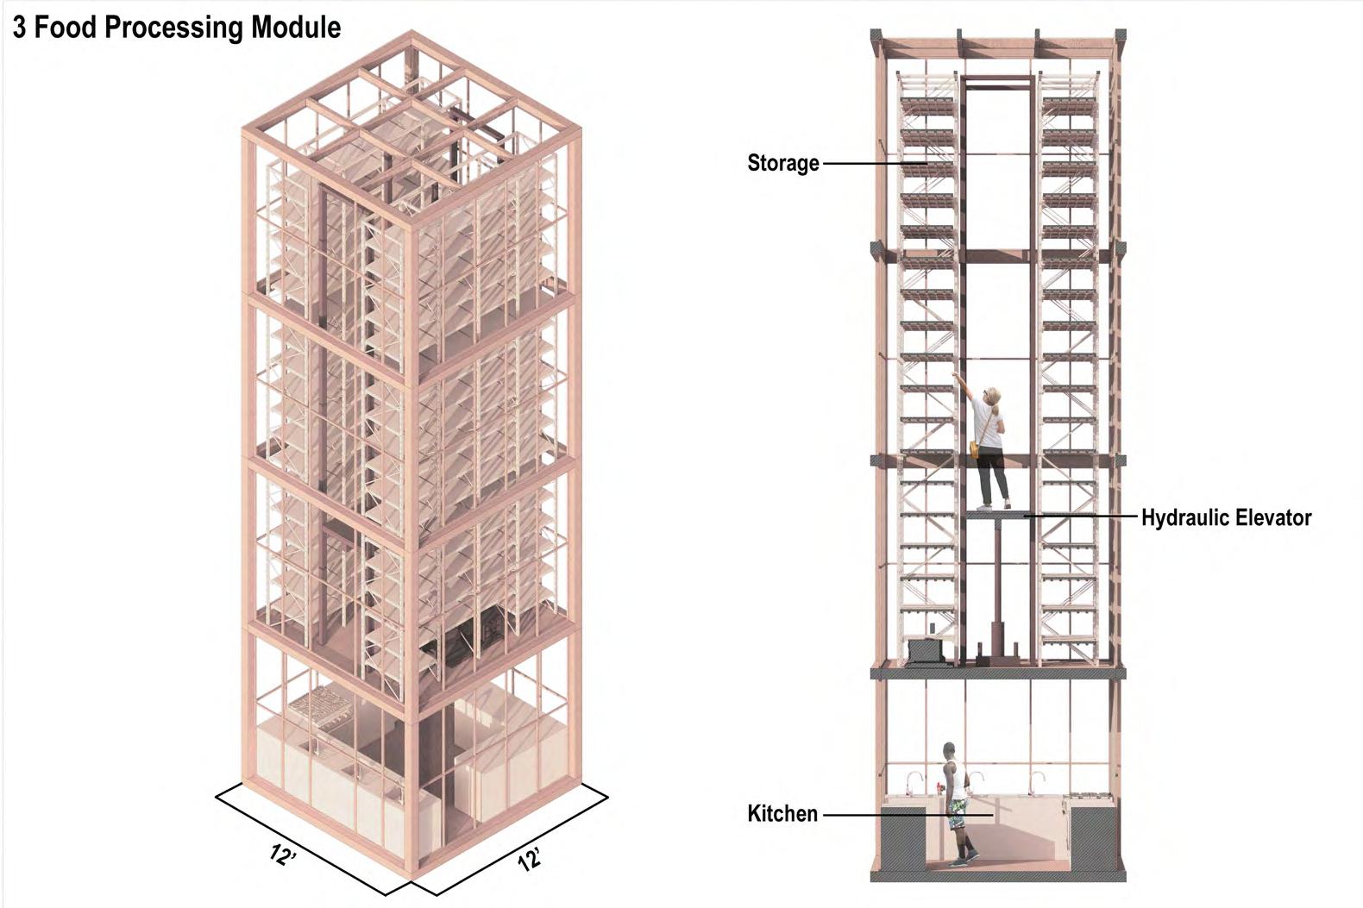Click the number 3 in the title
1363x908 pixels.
coord(19,28)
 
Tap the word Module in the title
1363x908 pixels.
coord(296,28)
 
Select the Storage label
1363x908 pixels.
coord(782,163)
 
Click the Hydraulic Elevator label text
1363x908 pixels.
coord(1226,517)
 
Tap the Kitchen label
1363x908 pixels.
coord(782,813)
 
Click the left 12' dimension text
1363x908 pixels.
coord(281,855)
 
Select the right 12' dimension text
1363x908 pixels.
coord(530,859)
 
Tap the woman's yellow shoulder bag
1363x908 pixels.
coord(975,449)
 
